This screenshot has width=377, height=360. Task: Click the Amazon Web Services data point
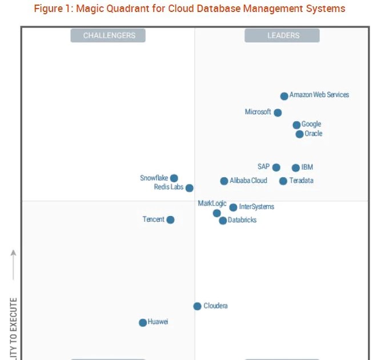click(x=284, y=96)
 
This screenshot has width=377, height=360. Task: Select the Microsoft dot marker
click(x=278, y=113)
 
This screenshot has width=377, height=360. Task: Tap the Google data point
click(x=296, y=125)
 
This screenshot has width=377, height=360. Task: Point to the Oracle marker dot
click(x=299, y=134)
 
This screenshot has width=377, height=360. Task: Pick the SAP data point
click(x=276, y=167)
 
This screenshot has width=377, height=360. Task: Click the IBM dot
click(x=295, y=168)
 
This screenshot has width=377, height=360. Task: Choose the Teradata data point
click(x=283, y=181)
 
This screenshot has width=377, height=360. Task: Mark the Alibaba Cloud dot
click(x=224, y=181)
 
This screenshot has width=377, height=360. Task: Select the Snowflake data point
click(x=174, y=178)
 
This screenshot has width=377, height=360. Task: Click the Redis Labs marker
click(x=189, y=188)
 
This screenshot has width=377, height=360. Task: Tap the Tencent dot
click(x=170, y=220)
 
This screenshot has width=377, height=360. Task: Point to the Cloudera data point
click(x=197, y=306)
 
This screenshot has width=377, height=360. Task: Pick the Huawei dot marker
click(x=143, y=323)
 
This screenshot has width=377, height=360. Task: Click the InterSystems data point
click(x=233, y=207)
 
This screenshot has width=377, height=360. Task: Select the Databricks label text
click(x=242, y=220)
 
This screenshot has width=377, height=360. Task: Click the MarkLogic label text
click(x=212, y=203)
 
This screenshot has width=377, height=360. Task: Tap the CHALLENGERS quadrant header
click(x=109, y=35)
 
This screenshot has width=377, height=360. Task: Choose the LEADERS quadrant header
click(x=282, y=35)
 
